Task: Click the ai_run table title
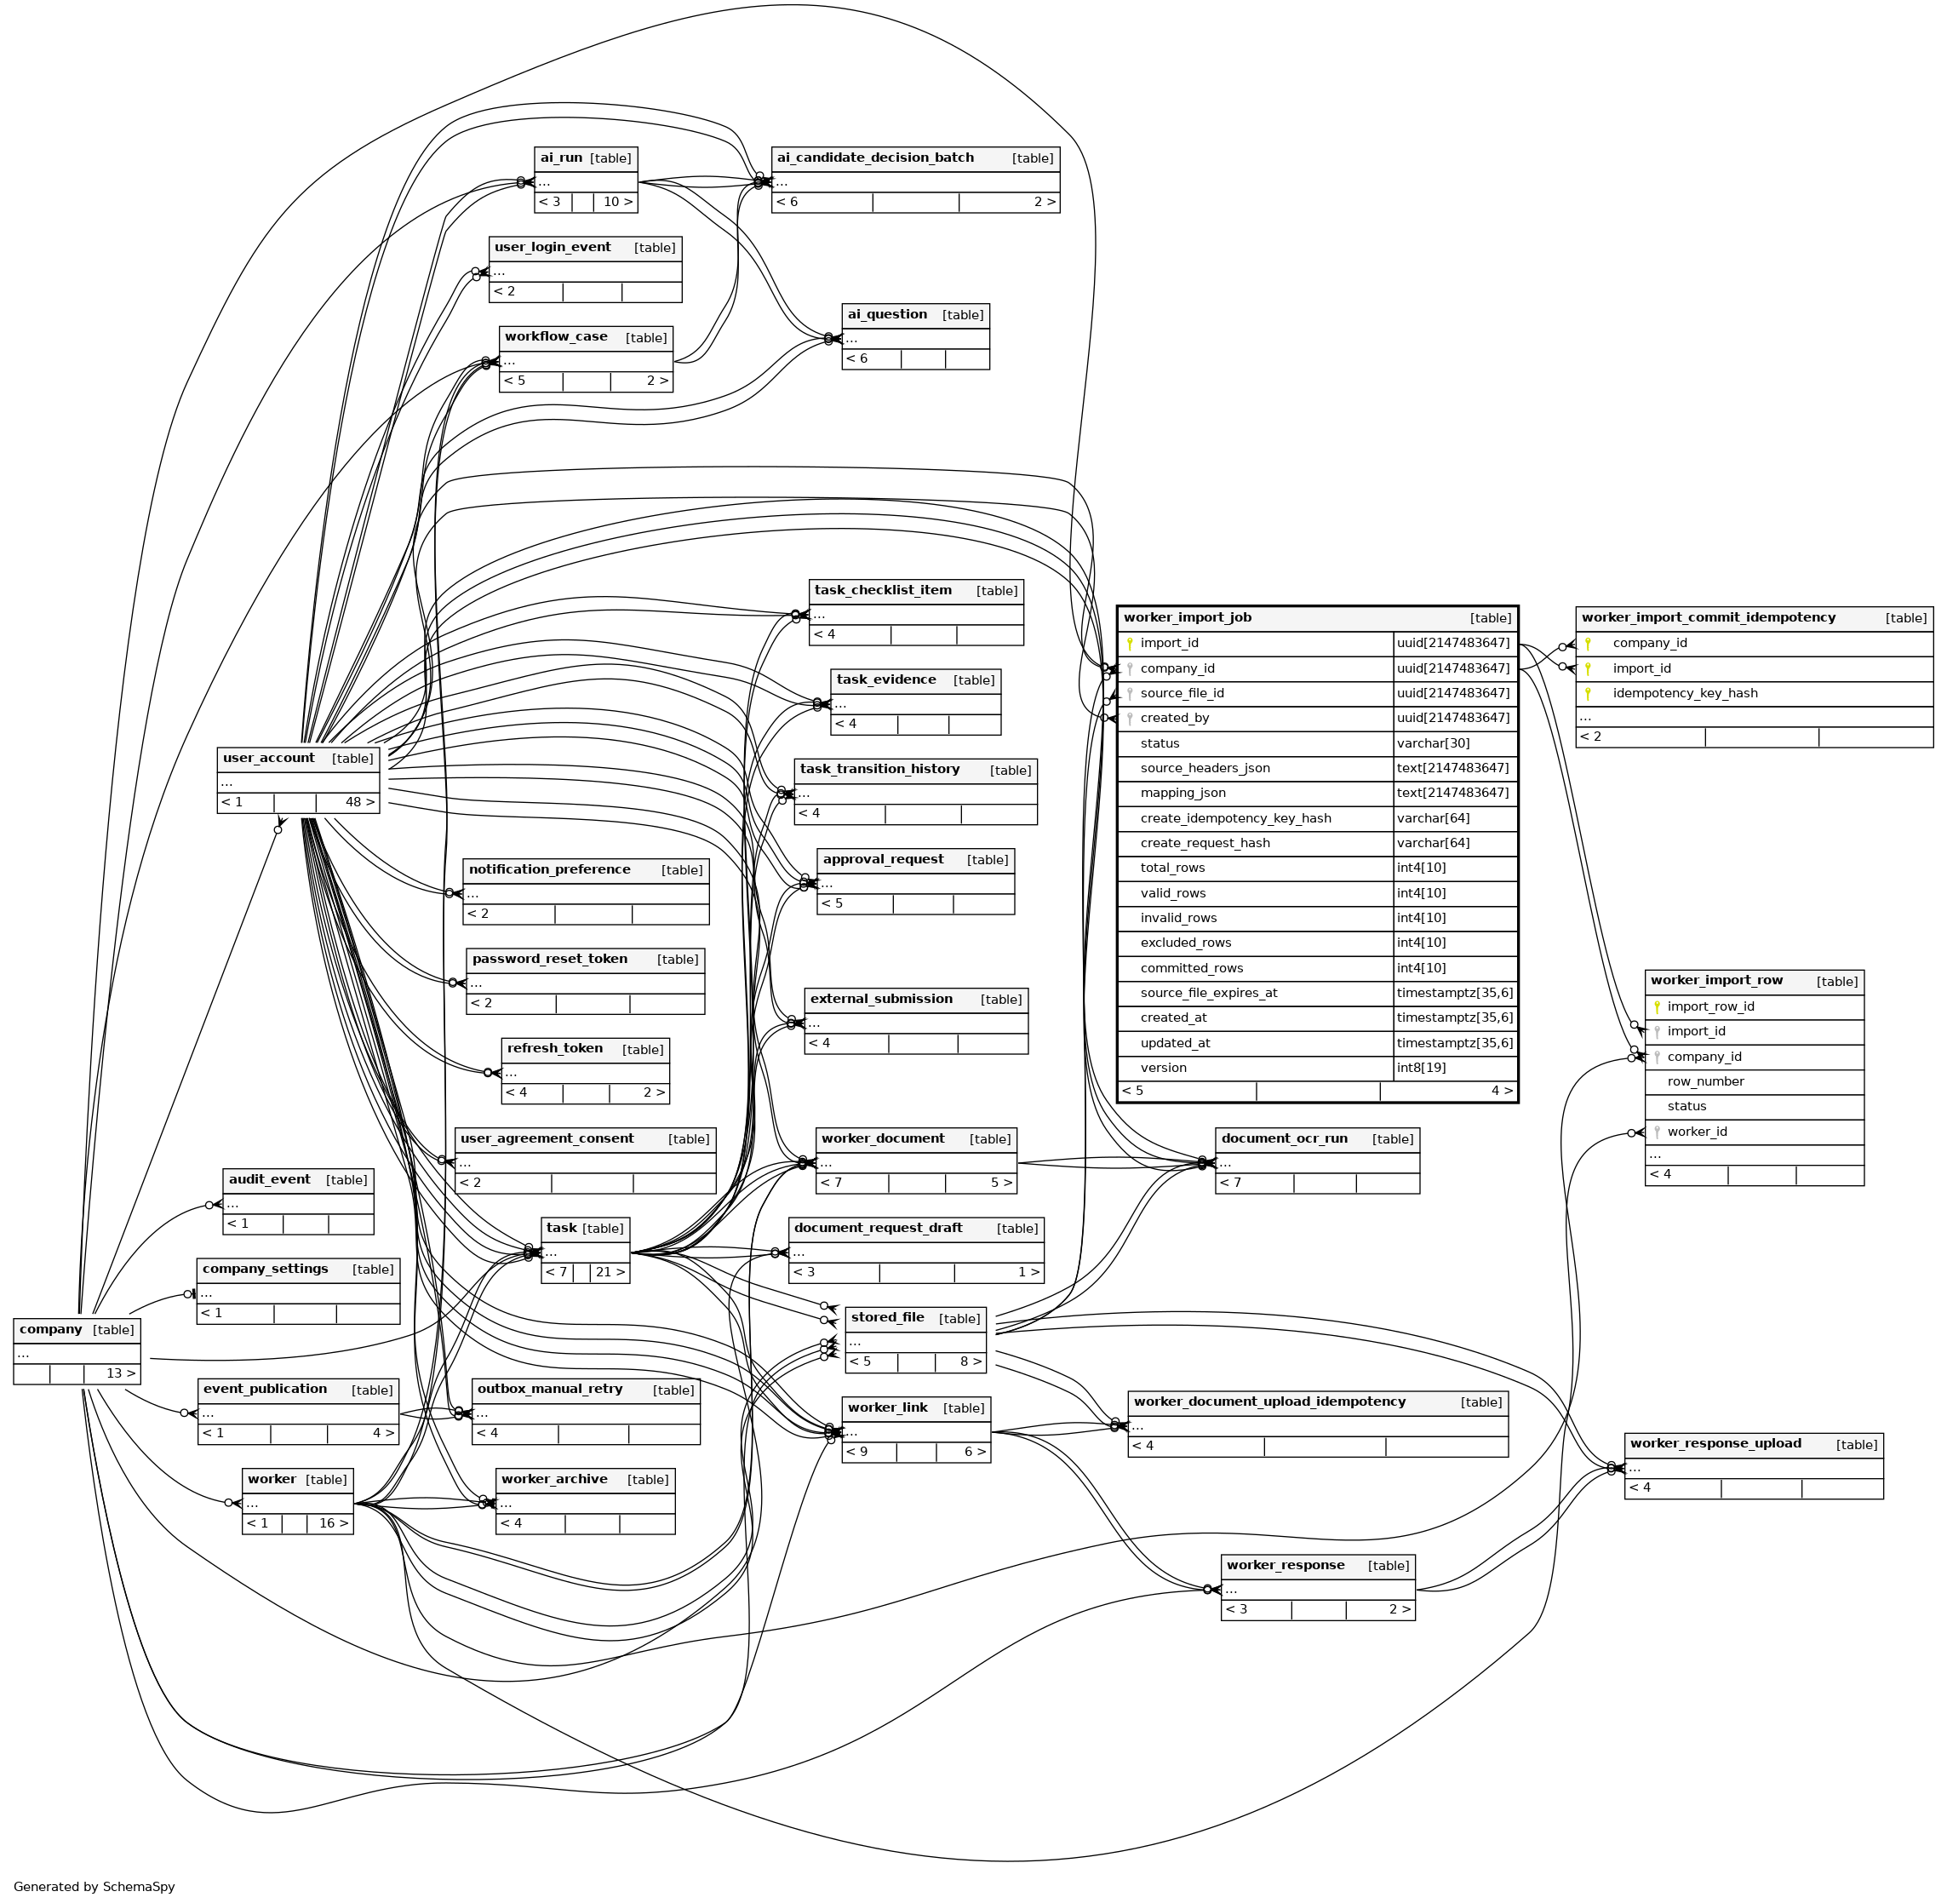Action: click(x=561, y=158)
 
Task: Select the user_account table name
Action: click(x=268, y=758)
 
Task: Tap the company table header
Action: click(x=77, y=1329)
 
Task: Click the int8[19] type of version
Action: click(x=1421, y=1069)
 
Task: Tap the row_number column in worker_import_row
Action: click(x=1705, y=1081)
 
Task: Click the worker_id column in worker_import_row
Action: click(x=1697, y=1132)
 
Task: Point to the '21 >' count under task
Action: click(x=610, y=1272)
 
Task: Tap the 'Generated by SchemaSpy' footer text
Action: click(x=94, y=1887)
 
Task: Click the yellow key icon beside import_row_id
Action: click(x=1658, y=1007)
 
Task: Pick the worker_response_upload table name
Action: click(x=1715, y=1443)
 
